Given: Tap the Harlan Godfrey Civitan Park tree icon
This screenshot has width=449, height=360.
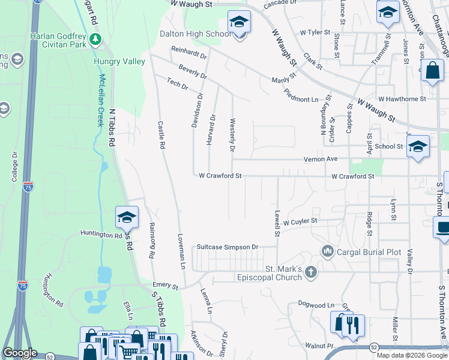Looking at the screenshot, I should click(95, 40).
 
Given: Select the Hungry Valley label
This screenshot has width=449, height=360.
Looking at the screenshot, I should click(119, 61).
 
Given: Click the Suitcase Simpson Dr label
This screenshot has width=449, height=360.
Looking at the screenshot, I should click(228, 247).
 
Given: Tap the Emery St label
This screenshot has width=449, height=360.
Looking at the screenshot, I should click(166, 286).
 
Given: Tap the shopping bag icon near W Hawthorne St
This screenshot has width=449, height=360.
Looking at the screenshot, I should click(432, 71).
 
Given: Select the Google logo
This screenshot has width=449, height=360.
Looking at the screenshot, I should click(20, 353).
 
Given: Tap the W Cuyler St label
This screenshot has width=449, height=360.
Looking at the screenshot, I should click(300, 221).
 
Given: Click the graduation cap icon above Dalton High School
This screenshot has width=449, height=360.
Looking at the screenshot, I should click(240, 22).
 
